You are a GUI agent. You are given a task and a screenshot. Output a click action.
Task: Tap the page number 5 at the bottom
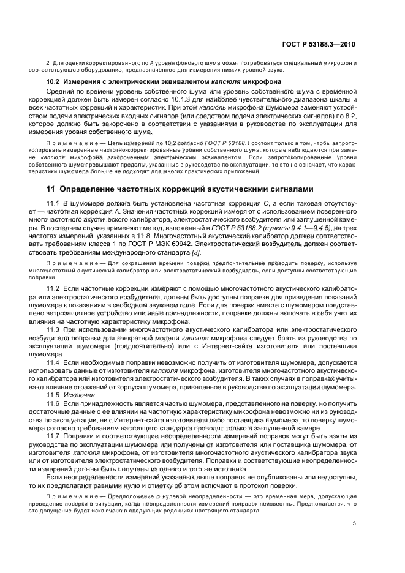354,523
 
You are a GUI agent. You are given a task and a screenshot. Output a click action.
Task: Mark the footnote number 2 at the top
48,64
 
